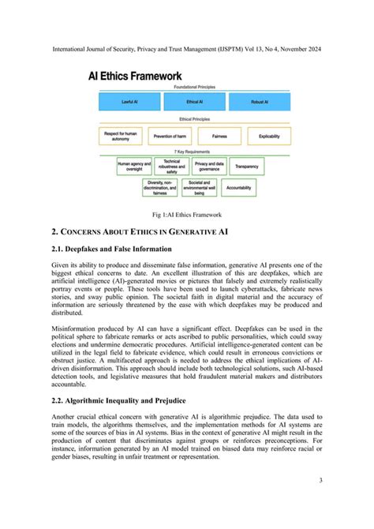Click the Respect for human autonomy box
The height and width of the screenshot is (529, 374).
(x=123, y=136)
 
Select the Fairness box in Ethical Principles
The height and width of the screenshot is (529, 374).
(x=219, y=136)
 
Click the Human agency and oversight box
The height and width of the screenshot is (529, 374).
(x=134, y=167)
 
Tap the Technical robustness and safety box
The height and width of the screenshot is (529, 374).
(x=171, y=167)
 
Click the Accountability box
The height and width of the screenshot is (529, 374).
(x=241, y=189)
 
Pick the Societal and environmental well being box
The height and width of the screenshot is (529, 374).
(x=200, y=189)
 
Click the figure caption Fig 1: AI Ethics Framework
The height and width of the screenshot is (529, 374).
(x=186, y=214)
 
